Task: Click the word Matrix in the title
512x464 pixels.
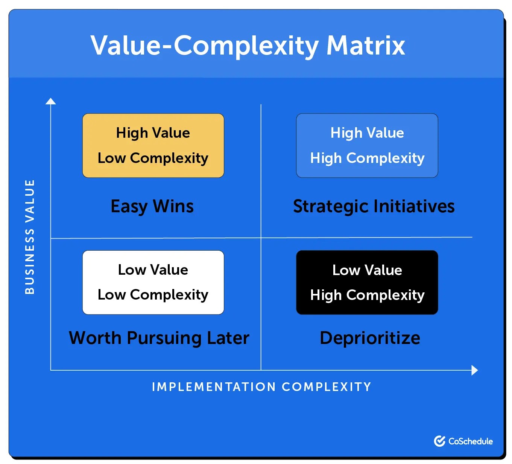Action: (x=366, y=46)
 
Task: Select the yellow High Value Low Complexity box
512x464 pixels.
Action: (x=153, y=146)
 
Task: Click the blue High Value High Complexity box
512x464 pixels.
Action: (x=367, y=146)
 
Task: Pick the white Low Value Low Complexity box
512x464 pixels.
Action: (x=153, y=282)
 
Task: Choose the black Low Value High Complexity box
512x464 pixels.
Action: (x=367, y=282)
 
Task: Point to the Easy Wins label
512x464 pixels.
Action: (x=152, y=207)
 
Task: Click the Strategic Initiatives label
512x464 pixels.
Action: (x=374, y=207)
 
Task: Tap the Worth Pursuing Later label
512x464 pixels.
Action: (x=159, y=338)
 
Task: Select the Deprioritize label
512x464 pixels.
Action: (x=370, y=338)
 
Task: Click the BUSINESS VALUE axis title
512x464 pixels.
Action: (x=30, y=237)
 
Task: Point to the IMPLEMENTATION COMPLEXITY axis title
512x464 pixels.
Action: (x=261, y=387)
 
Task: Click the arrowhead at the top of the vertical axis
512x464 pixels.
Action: (x=51, y=101)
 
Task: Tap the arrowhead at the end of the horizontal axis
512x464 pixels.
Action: (x=475, y=370)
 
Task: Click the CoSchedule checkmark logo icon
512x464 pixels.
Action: (x=439, y=441)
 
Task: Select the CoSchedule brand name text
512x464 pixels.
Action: (x=471, y=441)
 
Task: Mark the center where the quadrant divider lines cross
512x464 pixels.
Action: (x=261, y=238)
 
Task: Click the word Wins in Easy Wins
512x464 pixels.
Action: (x=173, y=206)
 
